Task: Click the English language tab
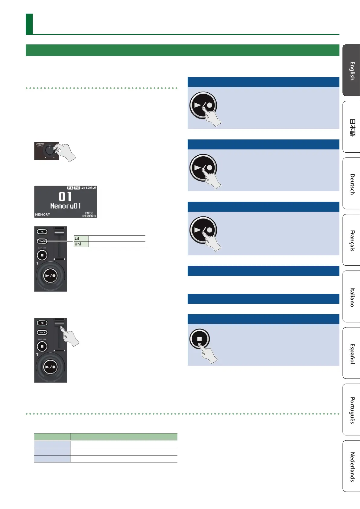pyautogui.click(x=352, y=70)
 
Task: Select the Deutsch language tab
pyautogui.click(x=352, y=183)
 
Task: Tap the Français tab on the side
pyautogui.click(x=352, y=240)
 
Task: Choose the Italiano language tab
pyautogui.click(x=352, y=297)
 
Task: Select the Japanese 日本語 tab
pyautogui.click(x=352, y=127)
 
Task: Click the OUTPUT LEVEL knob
pyautogui.click(x=49, y=150)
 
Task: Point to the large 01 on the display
pyautogui.click(x=65, y=197)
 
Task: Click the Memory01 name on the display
pyautogui.click(x=65, y=206)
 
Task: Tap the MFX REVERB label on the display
pyautogui.click(x=89, y=215)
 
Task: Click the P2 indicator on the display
pyautogui.click(x=77, y=188)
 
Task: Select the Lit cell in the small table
pyautogui.click(x=81, y=238)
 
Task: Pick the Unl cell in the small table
pyautogui.click(x=81, y=244)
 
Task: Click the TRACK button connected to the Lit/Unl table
pyautogui.click(x=42, y=241)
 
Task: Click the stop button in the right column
pyautogui.click(x=199, y=339)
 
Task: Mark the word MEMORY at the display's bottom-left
pyautogui.click(x=42, y=215)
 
